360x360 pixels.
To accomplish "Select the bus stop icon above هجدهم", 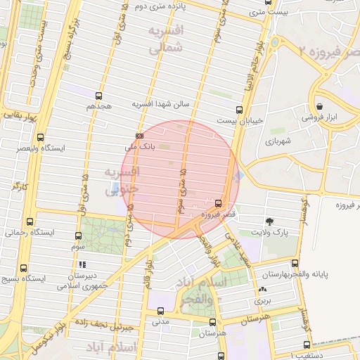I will (98, 96).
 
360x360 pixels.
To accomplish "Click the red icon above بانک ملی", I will (139, 136).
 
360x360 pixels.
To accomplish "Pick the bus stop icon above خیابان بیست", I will (240, 110).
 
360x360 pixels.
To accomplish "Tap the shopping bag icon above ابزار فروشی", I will (319, 106).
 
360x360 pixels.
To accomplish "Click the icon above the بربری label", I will (262, 289).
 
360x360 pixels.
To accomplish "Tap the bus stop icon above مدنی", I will (160, 311).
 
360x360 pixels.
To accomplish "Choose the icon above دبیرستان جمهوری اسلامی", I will (83, 265).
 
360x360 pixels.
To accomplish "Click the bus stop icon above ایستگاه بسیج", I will (24, 268).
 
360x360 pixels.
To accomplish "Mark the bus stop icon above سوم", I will (77, 236).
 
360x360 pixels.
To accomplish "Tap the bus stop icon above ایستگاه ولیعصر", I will (40, 138).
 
